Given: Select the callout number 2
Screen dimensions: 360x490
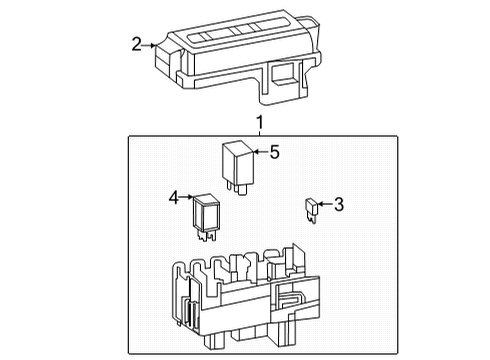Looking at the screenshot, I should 137,44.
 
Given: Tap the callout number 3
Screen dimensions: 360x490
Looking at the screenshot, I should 338,206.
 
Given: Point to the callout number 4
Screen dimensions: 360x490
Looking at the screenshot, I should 173,198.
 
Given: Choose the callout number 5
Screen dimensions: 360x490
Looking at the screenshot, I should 274,153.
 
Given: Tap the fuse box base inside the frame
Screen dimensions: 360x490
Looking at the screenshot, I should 240,295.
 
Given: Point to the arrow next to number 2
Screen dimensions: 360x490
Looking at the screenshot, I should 151,44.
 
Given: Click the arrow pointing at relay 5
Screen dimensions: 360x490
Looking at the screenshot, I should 259,153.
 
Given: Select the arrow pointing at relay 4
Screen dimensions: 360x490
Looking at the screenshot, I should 187,198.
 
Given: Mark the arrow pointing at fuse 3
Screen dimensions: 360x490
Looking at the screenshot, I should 324,206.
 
